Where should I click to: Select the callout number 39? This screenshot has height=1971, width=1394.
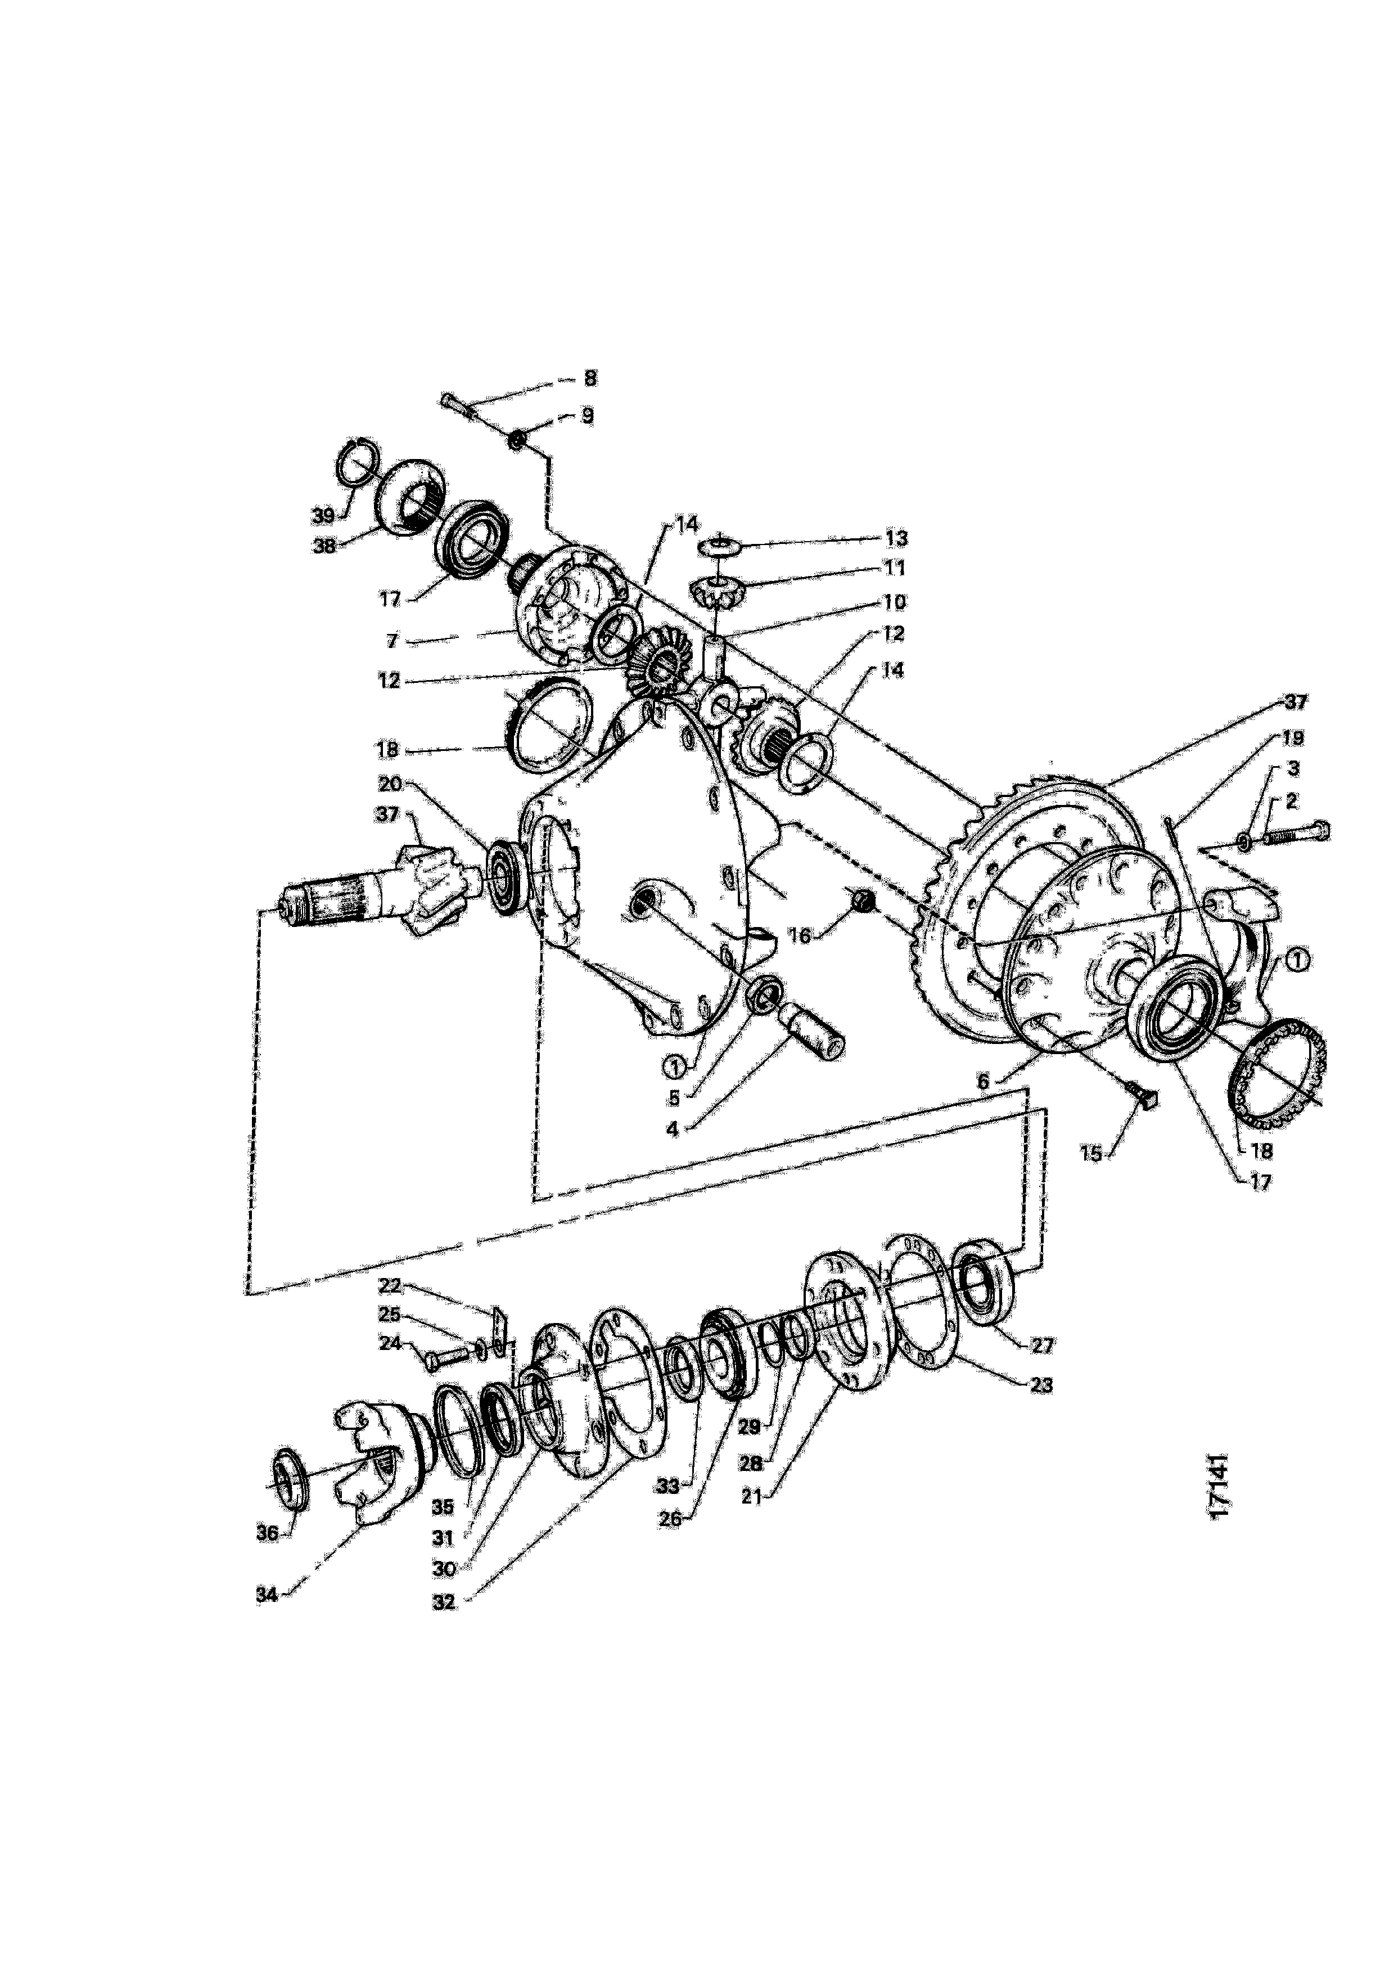tap(323, 516)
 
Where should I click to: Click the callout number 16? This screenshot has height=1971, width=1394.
tap(799, 935)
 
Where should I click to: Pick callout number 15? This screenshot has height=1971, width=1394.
tap(1091, 1155)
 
